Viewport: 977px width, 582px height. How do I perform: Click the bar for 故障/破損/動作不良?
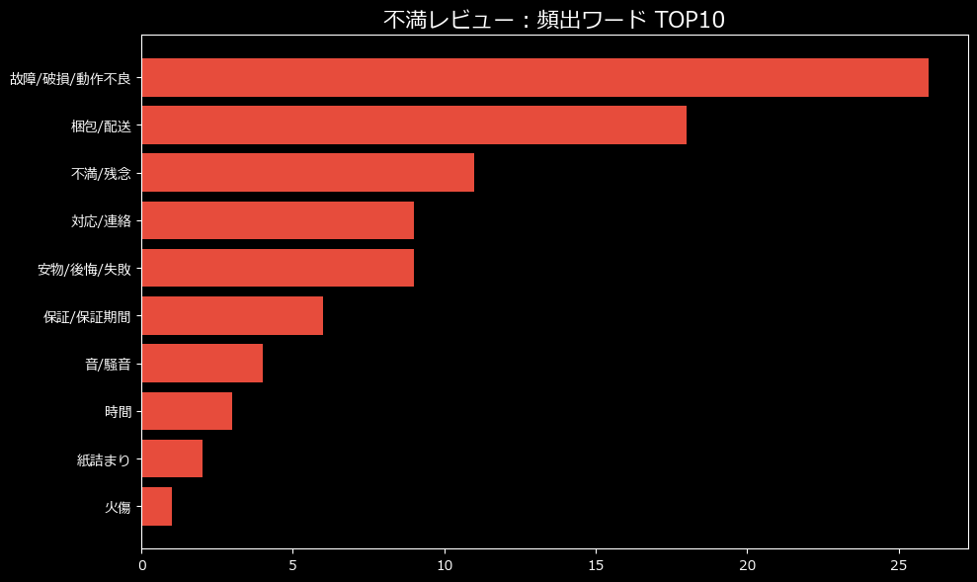click(x=534, y=77)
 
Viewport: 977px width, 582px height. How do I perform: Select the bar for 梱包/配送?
click(x=414, y=125)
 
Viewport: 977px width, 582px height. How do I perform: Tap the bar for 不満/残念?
click(x=307, y=173)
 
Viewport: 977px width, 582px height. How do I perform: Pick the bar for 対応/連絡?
click(x=278, y=220)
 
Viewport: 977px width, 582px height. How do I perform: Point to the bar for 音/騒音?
click(x=202, y=364)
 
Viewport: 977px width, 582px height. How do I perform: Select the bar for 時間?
click(x=187, y=411)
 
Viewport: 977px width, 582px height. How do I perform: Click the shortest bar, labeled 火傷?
click(x=157, y=507)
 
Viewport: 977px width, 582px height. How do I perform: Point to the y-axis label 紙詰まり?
click(x=104, y=459)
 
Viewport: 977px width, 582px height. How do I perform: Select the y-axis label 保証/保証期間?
click(x=87, y=317)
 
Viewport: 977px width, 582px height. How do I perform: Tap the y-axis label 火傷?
click(x=118, y=508)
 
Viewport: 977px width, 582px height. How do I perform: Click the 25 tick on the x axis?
click(x=899, y=565)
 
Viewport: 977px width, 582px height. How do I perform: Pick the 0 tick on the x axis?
click(x=142, y=565)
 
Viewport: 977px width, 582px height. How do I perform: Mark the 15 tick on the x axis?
click(x=596, y=565)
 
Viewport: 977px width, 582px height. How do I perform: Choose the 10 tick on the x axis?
click(x=445, y=565)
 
